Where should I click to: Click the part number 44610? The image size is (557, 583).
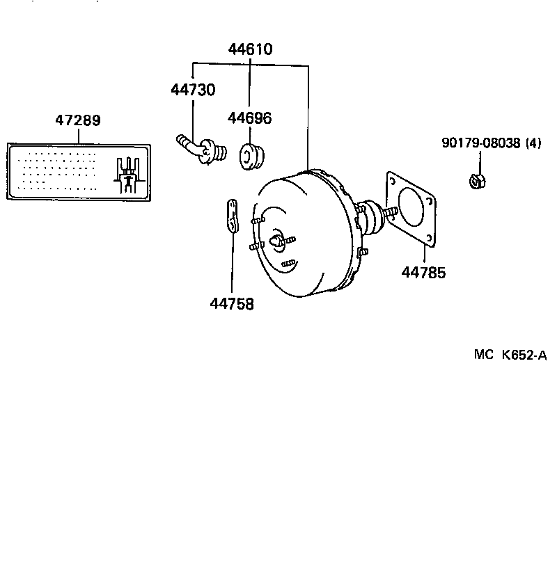coord(250,49)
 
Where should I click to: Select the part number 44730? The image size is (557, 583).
coord(193,90)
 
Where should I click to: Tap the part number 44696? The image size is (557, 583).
coord(249,118)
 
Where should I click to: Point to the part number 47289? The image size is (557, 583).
coord(78,120)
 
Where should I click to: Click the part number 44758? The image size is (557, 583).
coord(232,303)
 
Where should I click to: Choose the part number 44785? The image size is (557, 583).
coord(423,272)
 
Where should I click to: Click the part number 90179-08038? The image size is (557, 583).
coord(480,143)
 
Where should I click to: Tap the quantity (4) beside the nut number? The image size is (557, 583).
coord(533,143)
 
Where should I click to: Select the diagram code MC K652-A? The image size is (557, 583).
coord(510,355)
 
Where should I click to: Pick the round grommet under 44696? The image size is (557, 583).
coord(250,157)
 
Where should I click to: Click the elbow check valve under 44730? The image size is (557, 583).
coord(201,150)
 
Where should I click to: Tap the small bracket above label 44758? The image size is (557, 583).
coord(233,216)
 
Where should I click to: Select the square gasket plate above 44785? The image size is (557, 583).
coord(412,209)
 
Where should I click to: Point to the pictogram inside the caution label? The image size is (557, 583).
coord(128,174)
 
